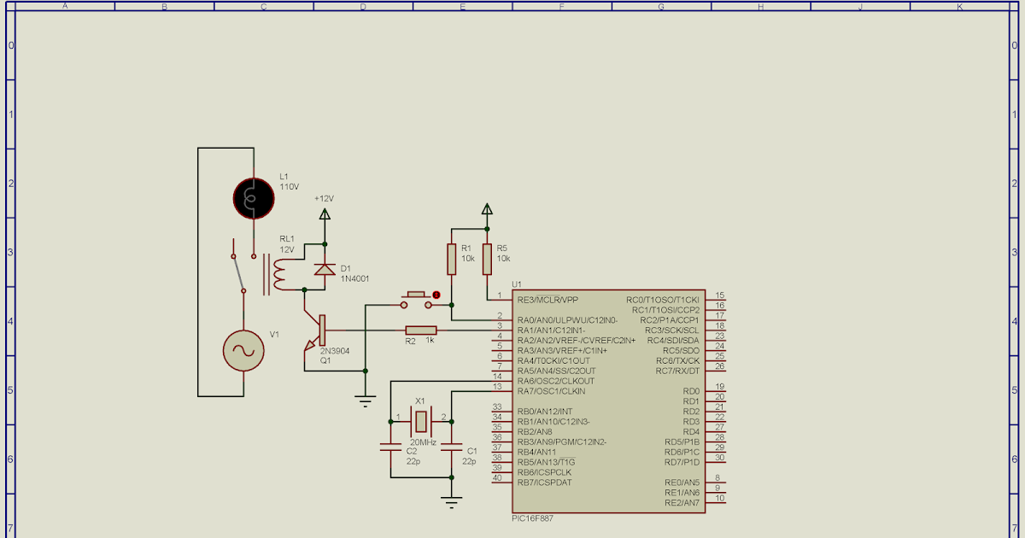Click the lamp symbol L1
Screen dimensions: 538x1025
pyautogui.click(x=254, y=197)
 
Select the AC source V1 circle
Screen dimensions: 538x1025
pyautogui.click(x=243, y=350)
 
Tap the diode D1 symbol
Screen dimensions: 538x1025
pyautogui.click(x=324, y=269)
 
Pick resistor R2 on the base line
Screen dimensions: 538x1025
pyautogui.click(x=420, y=330)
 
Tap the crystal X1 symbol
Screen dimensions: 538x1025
pyautogui.click(x=420, y=420)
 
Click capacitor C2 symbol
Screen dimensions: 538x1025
pyautogui.click(x=389, y=446)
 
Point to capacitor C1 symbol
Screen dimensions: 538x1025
pyautogui.click(x=452, y=446)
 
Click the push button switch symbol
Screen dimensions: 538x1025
pyautogui.click(x=416, y=298)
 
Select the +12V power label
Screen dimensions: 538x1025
pyautogui.click(x=324, y=198)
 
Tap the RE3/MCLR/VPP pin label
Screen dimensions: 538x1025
pyautogui.click(x=548, y=300)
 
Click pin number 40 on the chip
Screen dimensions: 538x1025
pyautogui.click(x=497, y=477)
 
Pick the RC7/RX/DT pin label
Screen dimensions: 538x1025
pyautogui.click(x=677, y=371)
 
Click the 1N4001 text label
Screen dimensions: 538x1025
pyautogui.click(x=354, y=278)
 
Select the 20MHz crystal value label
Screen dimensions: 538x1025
pyautogui.click(x=423, y=442)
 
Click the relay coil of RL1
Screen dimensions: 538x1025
pyautogui.click(x=277, y=273)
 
